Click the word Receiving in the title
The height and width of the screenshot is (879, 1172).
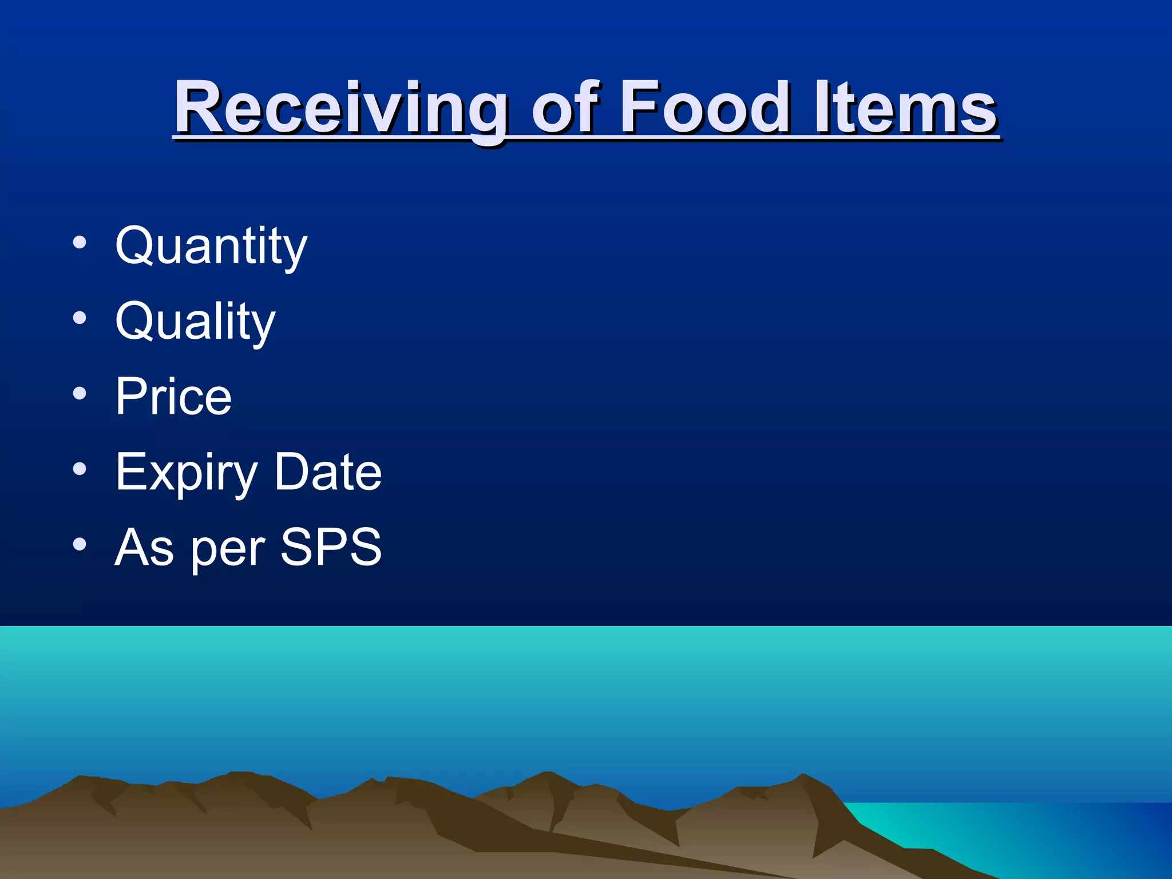coord(340,109)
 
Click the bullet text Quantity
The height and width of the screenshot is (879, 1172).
coord(211,246)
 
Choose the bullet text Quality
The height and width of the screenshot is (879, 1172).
coord(195,322)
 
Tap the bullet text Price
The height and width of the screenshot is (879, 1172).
coord(173,397)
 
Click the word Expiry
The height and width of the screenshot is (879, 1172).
coord(187,473)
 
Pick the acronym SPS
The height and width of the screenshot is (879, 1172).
coord(331,547)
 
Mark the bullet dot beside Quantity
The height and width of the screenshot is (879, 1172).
coord(80,243)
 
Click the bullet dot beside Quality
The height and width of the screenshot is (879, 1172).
coord(80,318)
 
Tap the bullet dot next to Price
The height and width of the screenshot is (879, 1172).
coord(80,394)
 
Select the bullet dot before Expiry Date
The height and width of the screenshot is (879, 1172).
coord(80,469)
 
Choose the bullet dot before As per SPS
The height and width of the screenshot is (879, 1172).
coord(80,545)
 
